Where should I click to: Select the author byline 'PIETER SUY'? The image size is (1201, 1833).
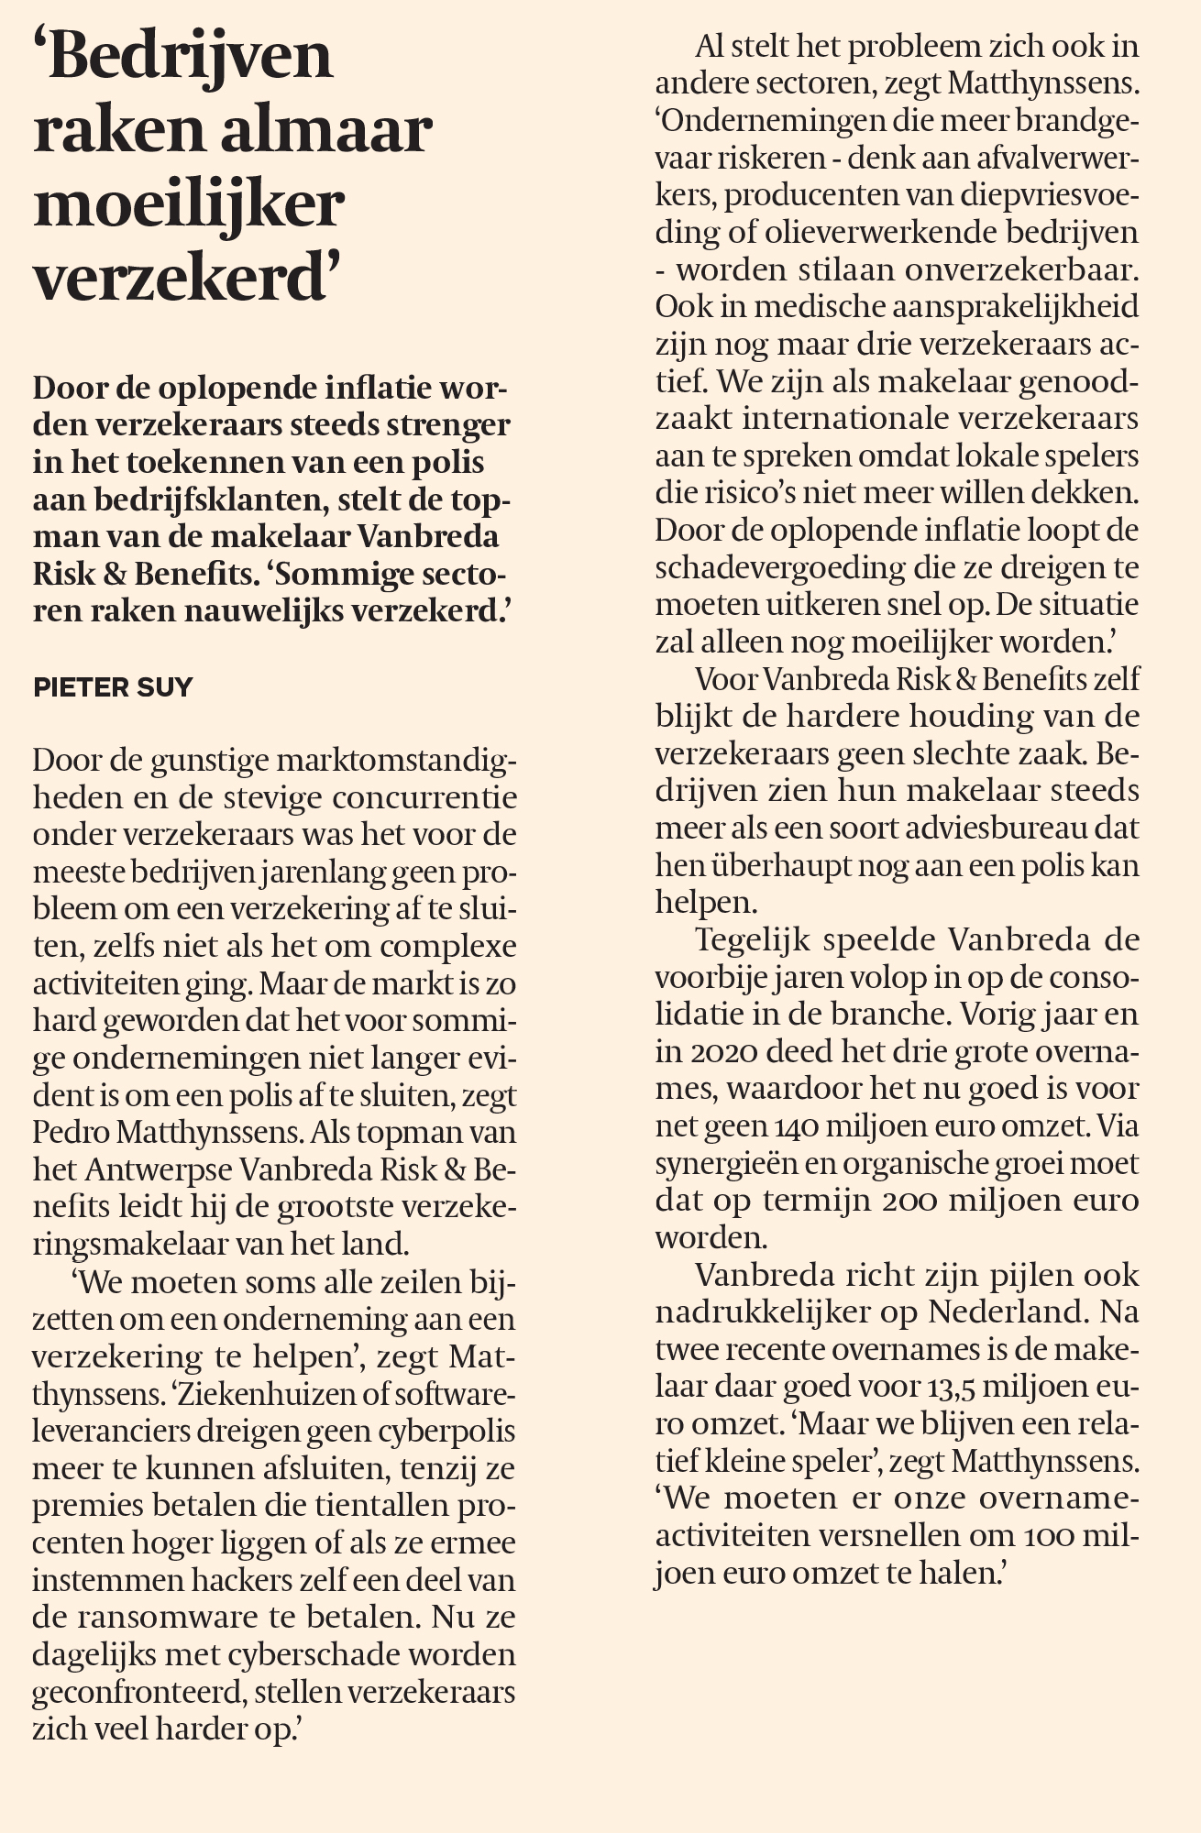pos(113,687)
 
